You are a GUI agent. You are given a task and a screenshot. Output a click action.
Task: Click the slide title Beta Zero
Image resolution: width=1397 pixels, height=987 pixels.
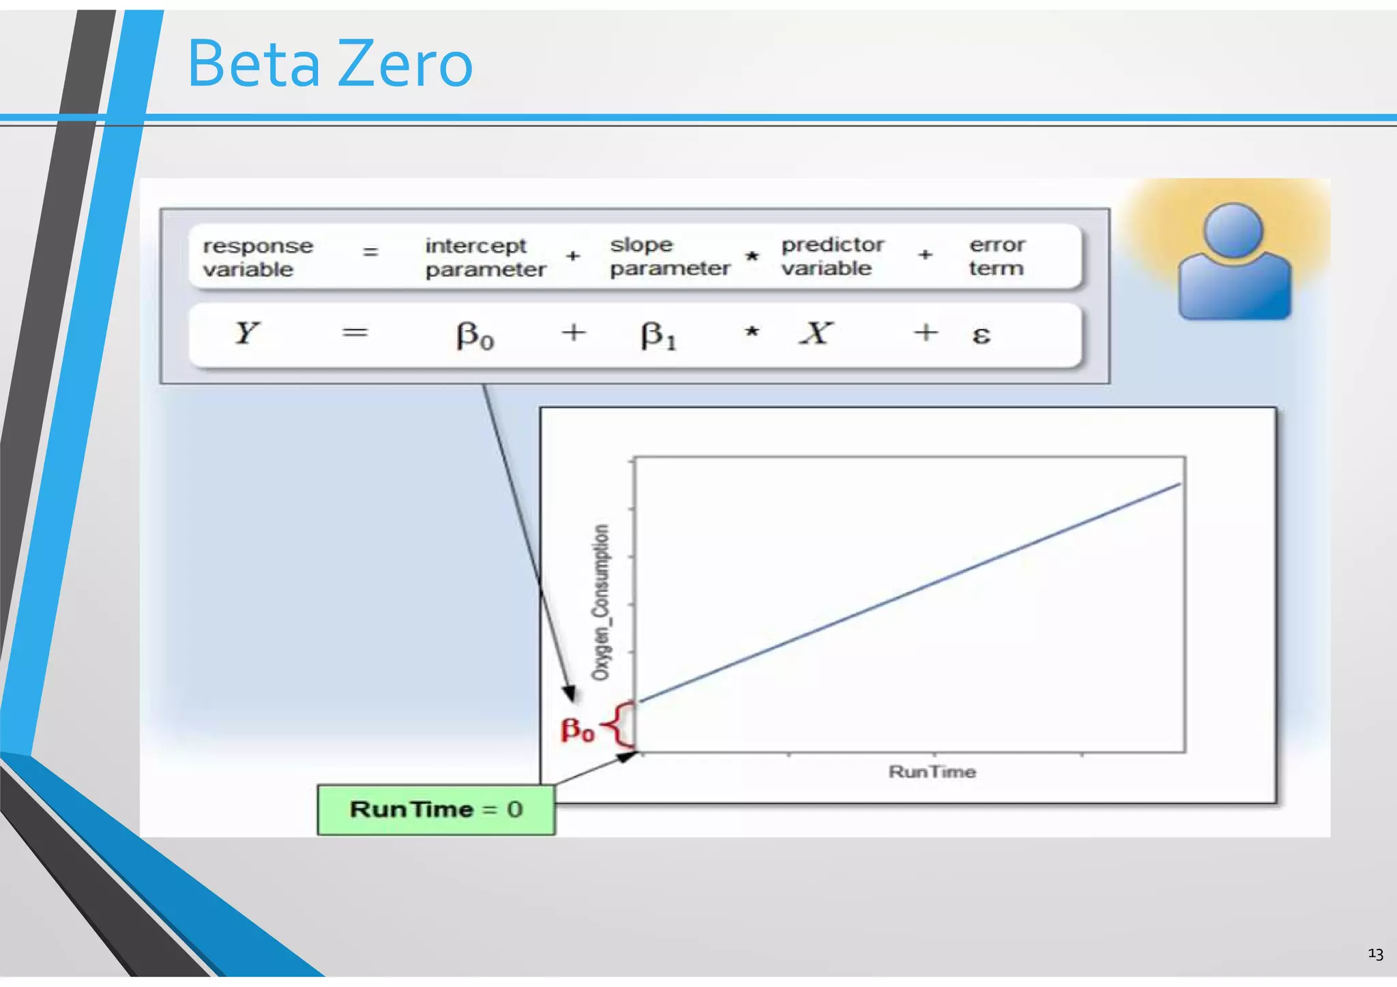pyautogui.click(x=329, y=64)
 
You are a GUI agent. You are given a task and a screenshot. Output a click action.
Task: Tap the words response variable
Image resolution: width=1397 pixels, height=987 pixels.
pyautogui.click(x=257, y=257)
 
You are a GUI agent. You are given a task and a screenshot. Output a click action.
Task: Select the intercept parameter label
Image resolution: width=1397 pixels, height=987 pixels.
pyautogui.click(x=485, y=257)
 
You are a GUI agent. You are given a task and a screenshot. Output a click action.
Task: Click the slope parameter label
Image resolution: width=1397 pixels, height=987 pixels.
pyautogui.click(x=669, y=256)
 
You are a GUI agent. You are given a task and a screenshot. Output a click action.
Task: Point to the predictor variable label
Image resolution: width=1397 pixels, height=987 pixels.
pyautogui.click(x=832, y=256)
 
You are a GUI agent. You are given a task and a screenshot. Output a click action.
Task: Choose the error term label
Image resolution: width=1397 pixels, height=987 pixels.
pyautogui.click(x=997, y=256)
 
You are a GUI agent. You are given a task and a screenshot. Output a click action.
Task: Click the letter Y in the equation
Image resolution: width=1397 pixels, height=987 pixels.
pyautogui.click(x=246, y=333)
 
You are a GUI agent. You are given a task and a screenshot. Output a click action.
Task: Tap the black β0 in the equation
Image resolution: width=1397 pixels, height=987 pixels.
pyautogui.click(x=475, y=335)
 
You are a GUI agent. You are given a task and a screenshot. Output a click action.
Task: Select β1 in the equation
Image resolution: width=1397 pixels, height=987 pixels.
pyautogui.click(x=658, y=335)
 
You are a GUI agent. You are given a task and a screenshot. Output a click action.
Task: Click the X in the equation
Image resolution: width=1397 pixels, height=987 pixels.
pyautogui.click(x=816, y=333)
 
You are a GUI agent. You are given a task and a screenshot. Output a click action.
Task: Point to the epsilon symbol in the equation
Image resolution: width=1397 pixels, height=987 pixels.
pyautogui.click(x=981, y=335)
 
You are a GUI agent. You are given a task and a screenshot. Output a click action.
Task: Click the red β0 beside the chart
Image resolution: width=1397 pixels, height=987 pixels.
pyautogui.click(x=577, y=729)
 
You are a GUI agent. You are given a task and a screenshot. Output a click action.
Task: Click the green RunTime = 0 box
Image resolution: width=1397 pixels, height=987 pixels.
pyautogui.click(x=436, y=810)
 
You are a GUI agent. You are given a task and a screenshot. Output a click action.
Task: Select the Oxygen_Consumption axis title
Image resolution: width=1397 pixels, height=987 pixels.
pyautogui.click(x=600, y=602)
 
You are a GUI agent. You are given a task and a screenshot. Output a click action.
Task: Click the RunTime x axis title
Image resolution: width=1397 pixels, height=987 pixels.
pyautogui.click(x=932, y=771)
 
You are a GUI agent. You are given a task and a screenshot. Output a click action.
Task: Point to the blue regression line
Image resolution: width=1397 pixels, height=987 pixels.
pyautogui.click(x=911, y=592)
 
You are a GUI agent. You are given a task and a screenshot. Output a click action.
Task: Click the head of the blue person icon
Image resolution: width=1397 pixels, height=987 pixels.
pyautogui.click(x=1233, y=230)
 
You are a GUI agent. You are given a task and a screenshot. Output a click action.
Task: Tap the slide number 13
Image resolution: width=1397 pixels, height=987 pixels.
pyautogui.click(x=1375, y=954)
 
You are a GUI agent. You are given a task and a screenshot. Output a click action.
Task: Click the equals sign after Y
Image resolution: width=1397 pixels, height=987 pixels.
pyautogui.click(x=355, y=333)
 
